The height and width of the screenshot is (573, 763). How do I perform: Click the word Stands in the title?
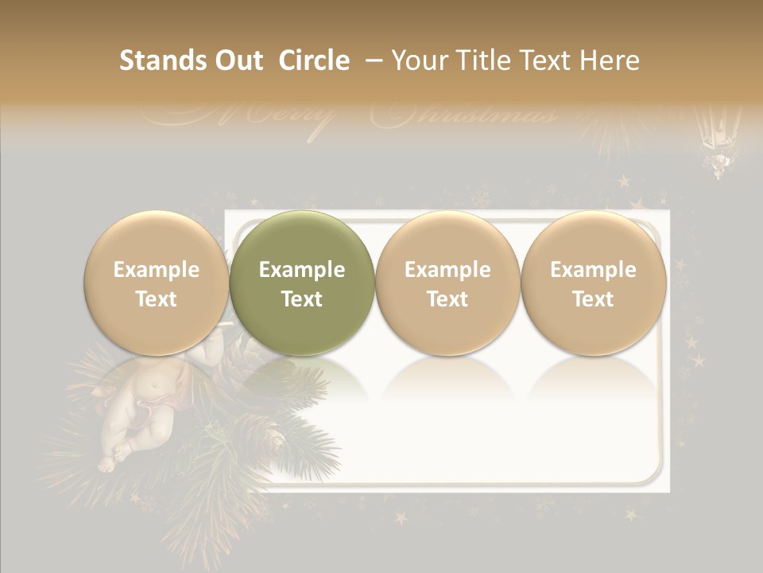157,60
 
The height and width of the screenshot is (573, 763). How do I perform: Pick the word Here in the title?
612,60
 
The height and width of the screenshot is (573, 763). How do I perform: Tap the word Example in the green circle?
302,270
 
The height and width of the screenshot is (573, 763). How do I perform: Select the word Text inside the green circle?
302,299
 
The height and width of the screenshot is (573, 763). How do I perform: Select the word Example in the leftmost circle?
157,270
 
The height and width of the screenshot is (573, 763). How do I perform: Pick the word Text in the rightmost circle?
594,299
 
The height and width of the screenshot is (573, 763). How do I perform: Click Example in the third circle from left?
447,270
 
